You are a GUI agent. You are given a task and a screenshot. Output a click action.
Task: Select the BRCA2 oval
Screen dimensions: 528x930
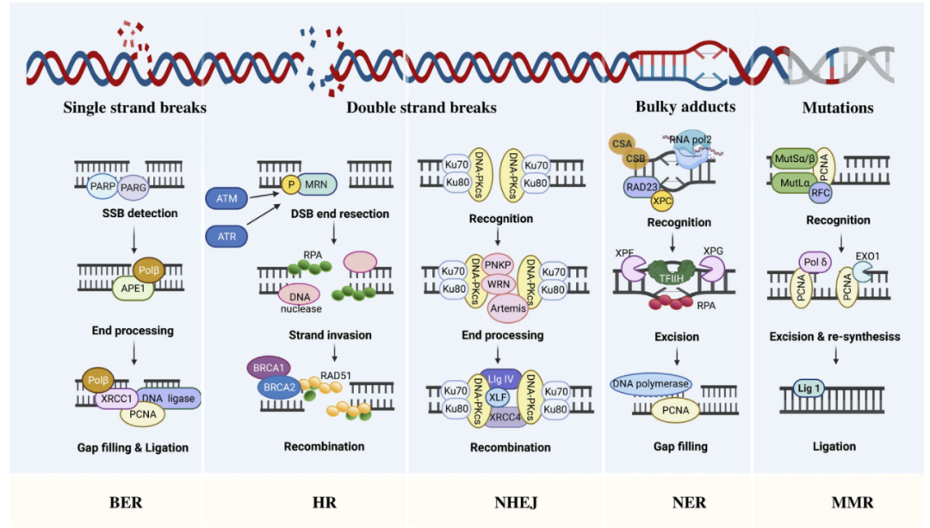click(278, 388)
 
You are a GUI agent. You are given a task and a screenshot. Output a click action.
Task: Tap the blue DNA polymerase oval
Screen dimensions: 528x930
click(652, 382)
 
